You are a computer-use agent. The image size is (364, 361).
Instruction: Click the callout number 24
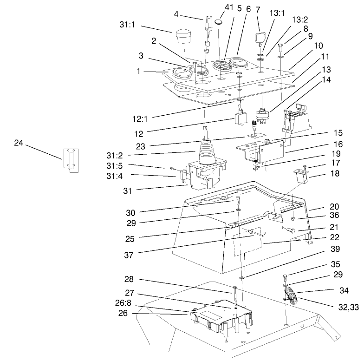pyautogui.click(x=18, y=143)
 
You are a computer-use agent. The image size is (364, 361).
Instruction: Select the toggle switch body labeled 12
pyautogui.click(x=241, y=118)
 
